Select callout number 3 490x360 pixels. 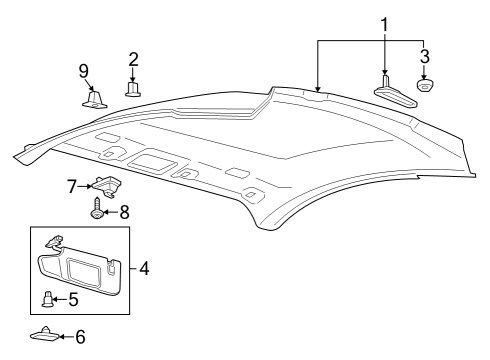click(425, 56)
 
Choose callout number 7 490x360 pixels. click(71, 187)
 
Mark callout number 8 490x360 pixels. click(125, 211)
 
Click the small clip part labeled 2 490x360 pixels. click(132, 88)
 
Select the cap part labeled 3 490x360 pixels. click(425, 86)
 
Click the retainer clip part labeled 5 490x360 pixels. click(48, 297)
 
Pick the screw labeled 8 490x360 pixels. click(98, 210)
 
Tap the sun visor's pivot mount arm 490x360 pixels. click(56, 241)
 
